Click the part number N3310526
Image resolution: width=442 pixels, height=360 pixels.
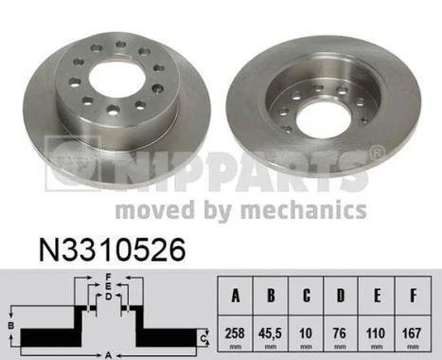[x=113, y=250]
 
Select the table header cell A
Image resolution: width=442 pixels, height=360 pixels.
[x=236, y=296]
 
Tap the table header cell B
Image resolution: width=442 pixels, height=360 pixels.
[x=271, y=296]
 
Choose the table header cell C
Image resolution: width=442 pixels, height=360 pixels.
[x=306, y=296]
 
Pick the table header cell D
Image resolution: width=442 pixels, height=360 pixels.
[x=341, y=296]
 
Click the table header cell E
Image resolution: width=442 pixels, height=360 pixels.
[x=377, y=296]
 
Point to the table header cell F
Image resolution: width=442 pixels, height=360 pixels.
[x=413, y=296]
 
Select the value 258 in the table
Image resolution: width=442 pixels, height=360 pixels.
[x=235, y=333]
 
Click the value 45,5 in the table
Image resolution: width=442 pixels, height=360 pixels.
[x=270, y=333]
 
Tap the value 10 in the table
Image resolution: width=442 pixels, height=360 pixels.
[x=306, y=333]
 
